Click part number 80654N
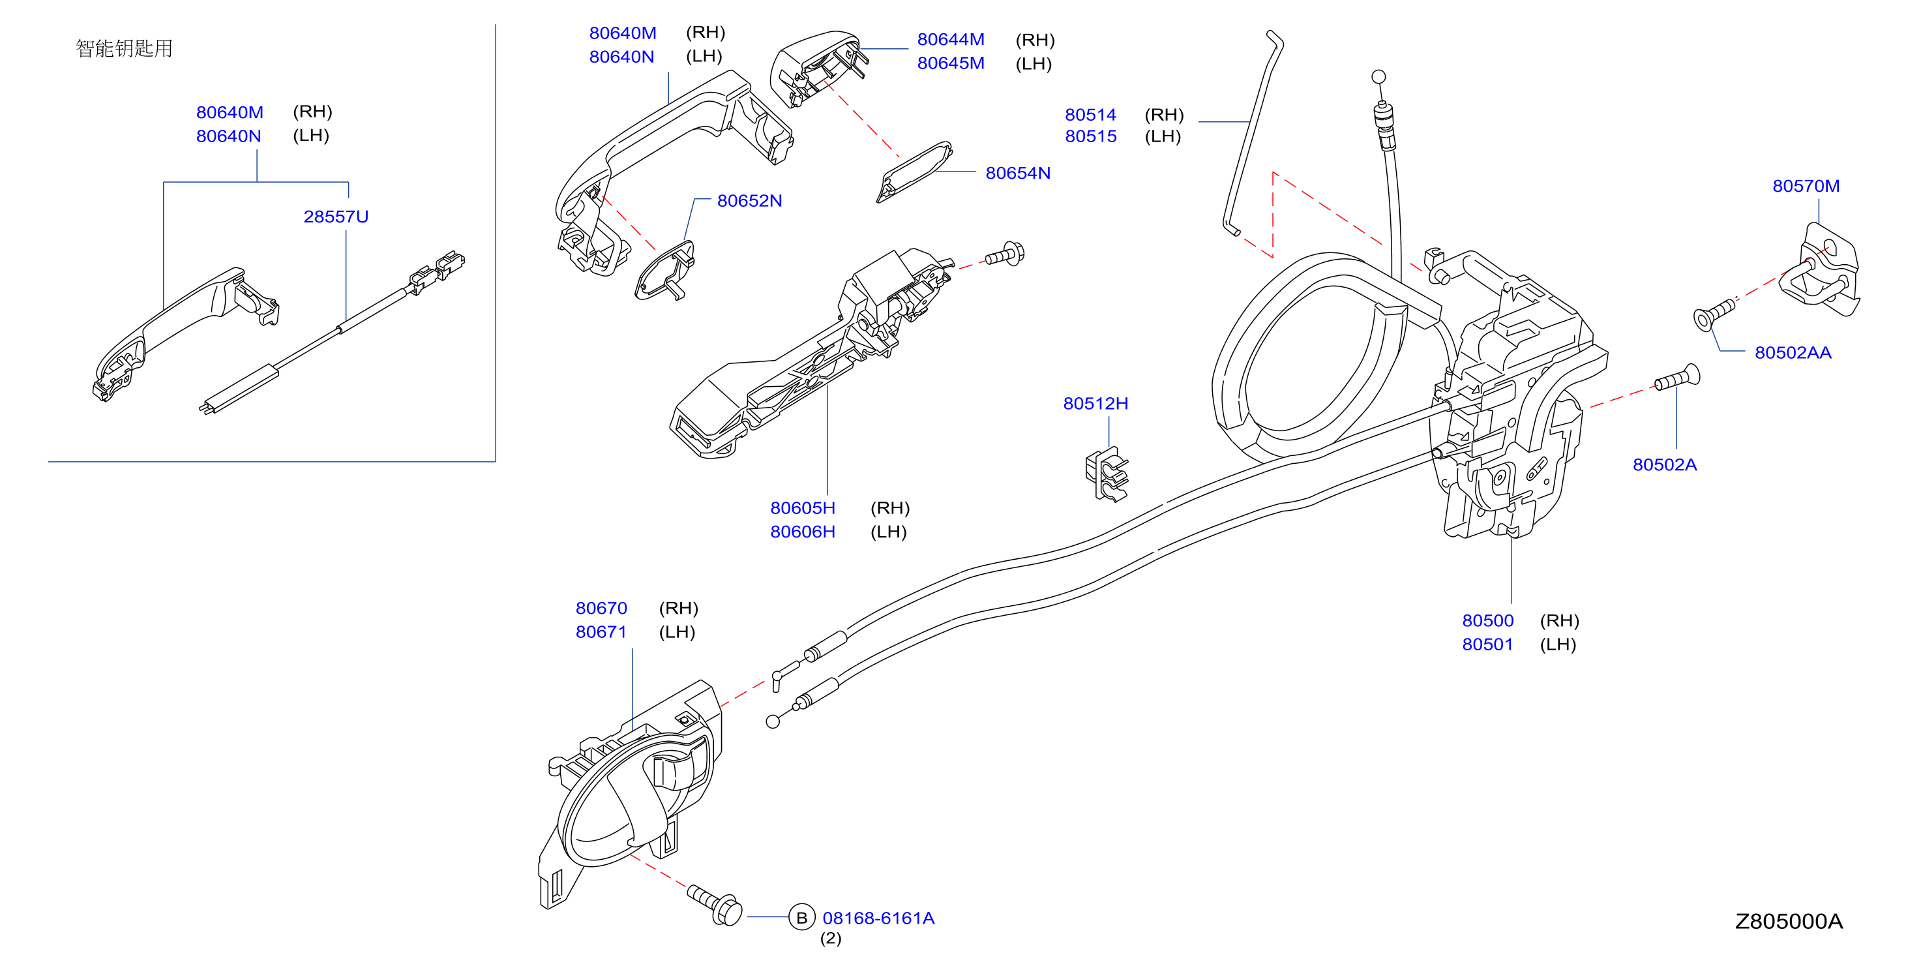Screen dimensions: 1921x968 point(1017,173)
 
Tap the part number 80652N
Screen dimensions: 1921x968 point(749,201)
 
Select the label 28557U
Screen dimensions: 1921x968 point(336,217)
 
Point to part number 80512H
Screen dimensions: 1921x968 point(1095,404)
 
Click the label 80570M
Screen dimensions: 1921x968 point(1806,186)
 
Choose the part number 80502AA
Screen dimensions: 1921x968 point(1793,352)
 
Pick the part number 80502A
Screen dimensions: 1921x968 point(1665,464)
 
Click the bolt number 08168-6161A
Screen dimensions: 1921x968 point(878,918)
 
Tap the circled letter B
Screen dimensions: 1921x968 point(801,917)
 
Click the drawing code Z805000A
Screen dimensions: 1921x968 point(1788,921)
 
